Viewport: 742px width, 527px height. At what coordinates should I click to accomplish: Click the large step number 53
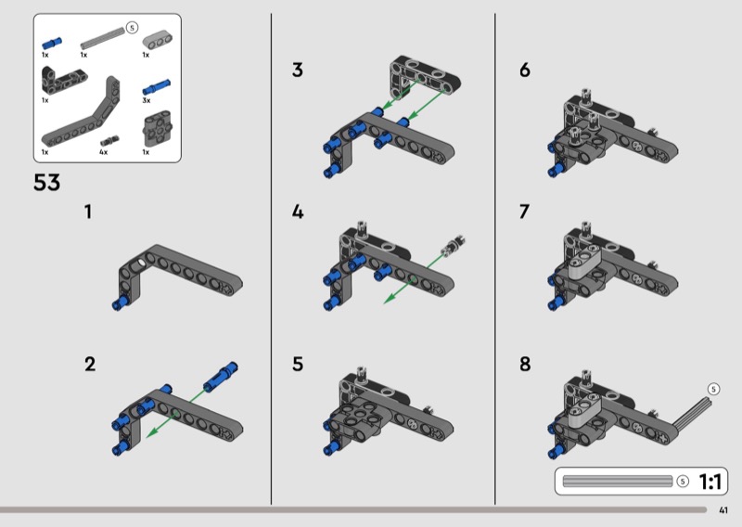(x=47, y=182)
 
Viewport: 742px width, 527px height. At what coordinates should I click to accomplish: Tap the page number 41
(x=723, y=510)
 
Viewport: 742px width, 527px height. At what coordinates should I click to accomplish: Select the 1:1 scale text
(x=710, y=482)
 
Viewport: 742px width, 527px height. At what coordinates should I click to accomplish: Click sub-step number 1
(x=88, y=212)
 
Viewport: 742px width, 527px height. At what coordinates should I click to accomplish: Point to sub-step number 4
(x=298, y=212)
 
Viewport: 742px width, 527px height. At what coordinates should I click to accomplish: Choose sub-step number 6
(x=525, y=71)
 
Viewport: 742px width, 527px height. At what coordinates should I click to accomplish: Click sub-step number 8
(x=525, y=364)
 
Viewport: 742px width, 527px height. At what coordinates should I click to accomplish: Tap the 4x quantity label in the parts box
(x=104, y=152)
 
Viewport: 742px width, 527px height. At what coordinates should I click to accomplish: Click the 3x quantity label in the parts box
(x=147, y=100)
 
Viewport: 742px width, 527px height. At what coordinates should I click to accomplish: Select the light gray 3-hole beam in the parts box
(x=158, y=40)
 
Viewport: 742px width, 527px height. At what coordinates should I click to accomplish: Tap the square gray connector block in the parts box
(x=158, y=129)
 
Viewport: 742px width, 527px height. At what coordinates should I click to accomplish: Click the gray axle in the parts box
(x=103, y=38)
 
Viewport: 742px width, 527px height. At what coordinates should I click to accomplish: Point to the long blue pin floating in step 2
(x=221, y=376)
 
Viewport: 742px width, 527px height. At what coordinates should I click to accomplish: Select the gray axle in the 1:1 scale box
(x=618, y=481)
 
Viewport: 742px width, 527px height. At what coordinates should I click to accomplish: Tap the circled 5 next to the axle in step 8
(x=713, y=389)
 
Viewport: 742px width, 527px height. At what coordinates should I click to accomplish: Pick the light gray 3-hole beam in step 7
(x=583, y=262)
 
